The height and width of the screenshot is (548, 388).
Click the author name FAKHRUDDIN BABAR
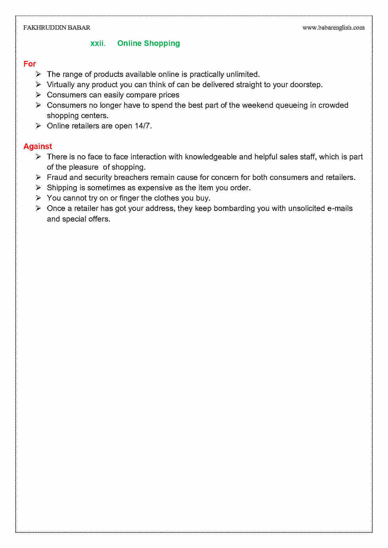point(57,28)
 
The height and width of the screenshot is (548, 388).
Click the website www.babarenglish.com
point(333,28)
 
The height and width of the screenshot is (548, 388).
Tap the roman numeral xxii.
point(98,43)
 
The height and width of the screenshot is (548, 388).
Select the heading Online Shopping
point(149,43)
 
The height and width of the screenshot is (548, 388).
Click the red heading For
point(30,64)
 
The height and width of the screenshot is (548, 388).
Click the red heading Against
point(38,146)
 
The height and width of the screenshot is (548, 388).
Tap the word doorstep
point(306,84)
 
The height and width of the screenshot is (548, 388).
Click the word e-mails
point(339,208)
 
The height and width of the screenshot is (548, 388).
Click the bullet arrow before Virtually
point(38,84)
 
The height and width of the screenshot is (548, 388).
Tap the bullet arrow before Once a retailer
point(38,208)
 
